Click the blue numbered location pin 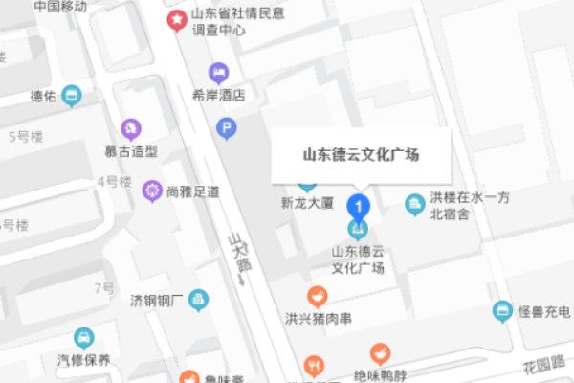(x=358, y=205)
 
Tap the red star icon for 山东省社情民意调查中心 (x=177, y=19)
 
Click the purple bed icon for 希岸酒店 (x=220, y=72)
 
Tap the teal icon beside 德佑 (x=70, y=96)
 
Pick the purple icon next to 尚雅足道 (x=151, y=190)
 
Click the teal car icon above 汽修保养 (x=84, y=338)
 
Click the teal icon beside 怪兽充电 (x=502, y=311)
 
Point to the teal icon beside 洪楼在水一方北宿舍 (x=415, y=204)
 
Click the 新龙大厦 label (x=305, y=203)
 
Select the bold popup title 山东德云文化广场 (x=361, y=154)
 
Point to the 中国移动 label (x=59, y=7)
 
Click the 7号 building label (x=104, y=288)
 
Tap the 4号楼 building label (x=113, y=181)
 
